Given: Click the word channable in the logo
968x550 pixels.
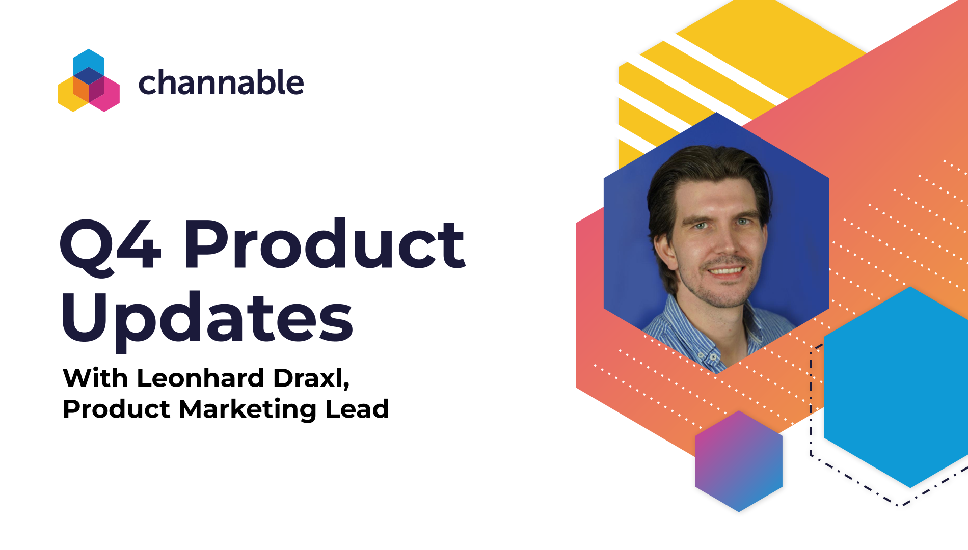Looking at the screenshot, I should tap(221, 83).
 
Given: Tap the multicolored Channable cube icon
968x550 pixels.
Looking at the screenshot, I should tap(89, 80).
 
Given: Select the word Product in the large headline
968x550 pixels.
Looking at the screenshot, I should tap(325, 244).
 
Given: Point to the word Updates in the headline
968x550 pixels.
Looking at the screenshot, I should tap(207, 318).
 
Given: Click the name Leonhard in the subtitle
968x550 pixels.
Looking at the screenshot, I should tap(200, 378).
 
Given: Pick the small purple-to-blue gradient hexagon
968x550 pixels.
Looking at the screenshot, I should tap(739, 461).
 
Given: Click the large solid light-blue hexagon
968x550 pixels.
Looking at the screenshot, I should tap(897, 387).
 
